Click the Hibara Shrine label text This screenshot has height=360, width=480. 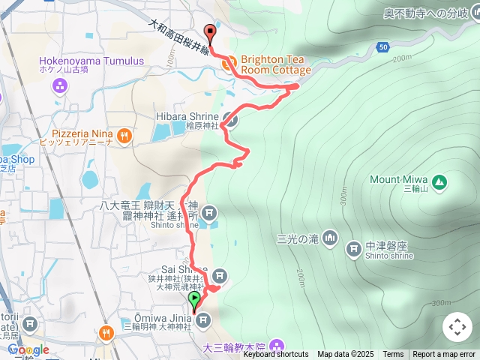(187, 116)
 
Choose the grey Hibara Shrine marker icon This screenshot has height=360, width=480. (231, 119)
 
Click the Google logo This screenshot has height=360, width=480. (28, 349)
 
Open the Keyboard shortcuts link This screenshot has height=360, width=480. (275, 355)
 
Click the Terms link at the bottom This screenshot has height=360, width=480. (393, 355)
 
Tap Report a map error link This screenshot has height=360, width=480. (444, 355)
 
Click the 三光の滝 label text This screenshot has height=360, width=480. (298, 239)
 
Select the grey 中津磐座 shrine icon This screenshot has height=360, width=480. (353, 247)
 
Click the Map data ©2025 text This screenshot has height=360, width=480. (345, 355)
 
